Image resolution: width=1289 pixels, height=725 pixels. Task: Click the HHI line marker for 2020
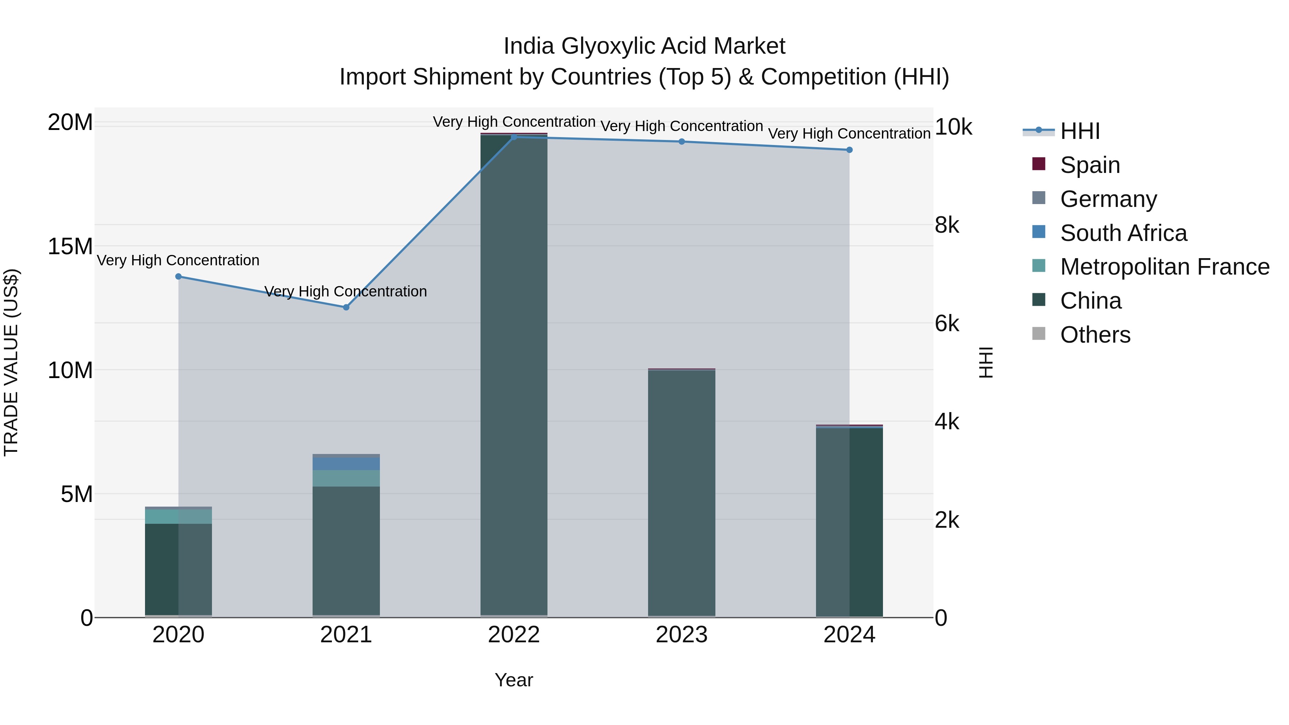tap(178, 276)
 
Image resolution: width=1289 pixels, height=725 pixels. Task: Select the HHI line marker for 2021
tap(346, 307)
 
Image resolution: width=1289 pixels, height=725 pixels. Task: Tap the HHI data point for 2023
tap(681, 141)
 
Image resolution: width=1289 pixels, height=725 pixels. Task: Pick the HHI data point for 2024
tap(849, 150)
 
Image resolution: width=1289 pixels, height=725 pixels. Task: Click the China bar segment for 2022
tap(514, 375)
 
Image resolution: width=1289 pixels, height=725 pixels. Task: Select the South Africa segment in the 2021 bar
tap(346, 463)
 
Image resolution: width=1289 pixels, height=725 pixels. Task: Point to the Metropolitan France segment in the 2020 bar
tap(178, 516)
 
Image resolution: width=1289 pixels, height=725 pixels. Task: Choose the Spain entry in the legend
tap(1090, 165)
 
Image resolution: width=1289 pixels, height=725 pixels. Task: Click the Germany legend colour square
tap(1039, 198)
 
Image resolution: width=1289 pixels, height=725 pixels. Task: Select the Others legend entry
tap(1095, 335)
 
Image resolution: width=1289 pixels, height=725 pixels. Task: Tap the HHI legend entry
tap(1080, 131)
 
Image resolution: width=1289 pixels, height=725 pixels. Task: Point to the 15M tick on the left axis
tap(70, 246)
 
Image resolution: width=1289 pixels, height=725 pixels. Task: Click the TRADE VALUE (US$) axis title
tap(11, 362)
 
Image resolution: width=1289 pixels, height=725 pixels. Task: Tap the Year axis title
tap(514, 680)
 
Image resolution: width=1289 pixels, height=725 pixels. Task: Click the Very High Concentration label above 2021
tap(346, 291)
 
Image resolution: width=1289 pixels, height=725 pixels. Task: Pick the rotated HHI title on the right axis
tap(985, 362)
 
